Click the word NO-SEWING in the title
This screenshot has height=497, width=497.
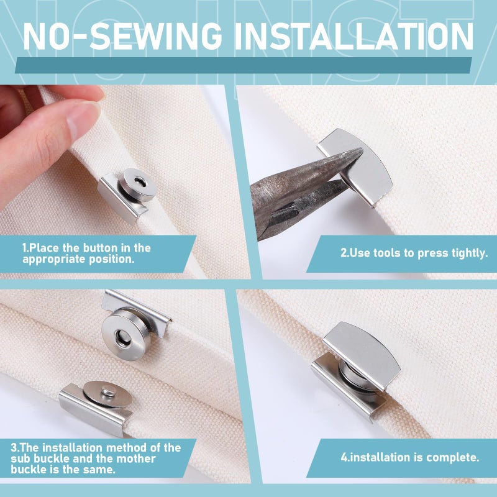pos(122,36)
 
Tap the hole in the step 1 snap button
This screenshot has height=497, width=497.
pos(140,181)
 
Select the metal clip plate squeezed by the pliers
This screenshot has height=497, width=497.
pos(359,166)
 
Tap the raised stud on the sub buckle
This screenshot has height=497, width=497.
pos(108,392)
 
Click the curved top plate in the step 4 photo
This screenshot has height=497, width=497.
pos(362,355)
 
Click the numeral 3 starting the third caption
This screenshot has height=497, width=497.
pos(14,447)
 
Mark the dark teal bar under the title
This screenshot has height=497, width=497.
pos(244,65)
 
